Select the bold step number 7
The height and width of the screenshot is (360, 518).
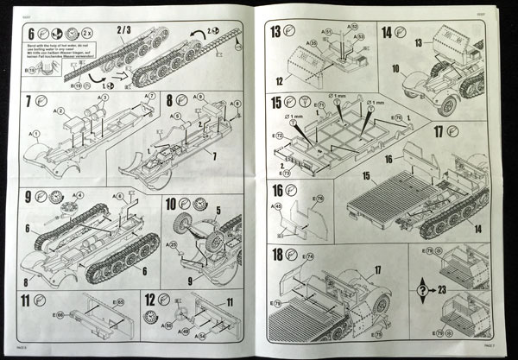tap(29, 100)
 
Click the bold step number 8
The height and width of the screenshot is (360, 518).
tap(170, 100)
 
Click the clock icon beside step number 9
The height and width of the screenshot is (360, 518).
tap(57, 196)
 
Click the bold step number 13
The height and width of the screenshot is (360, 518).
tap(275, 34)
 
